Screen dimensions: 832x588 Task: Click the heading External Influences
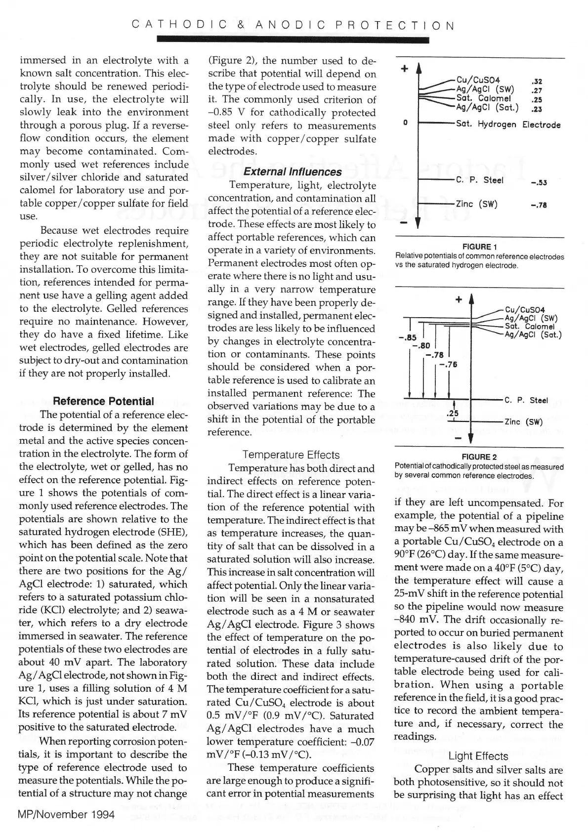tap(292, 172)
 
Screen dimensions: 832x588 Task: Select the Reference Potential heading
tap(103, 401)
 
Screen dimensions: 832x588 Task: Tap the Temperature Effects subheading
tap(291, 455)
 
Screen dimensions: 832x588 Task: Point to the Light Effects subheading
tap(478, 756)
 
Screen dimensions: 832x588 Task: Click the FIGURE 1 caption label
tap(479, 247)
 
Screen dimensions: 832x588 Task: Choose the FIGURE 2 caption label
tap(479, 457)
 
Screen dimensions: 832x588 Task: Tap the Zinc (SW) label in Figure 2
tap(523, 422)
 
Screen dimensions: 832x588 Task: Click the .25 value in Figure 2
tap(452, 413)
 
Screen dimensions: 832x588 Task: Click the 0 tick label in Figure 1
tap(406, 123)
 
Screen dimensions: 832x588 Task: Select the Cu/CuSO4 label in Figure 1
tap(478, 80)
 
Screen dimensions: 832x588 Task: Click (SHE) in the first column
tap(171, 532)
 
